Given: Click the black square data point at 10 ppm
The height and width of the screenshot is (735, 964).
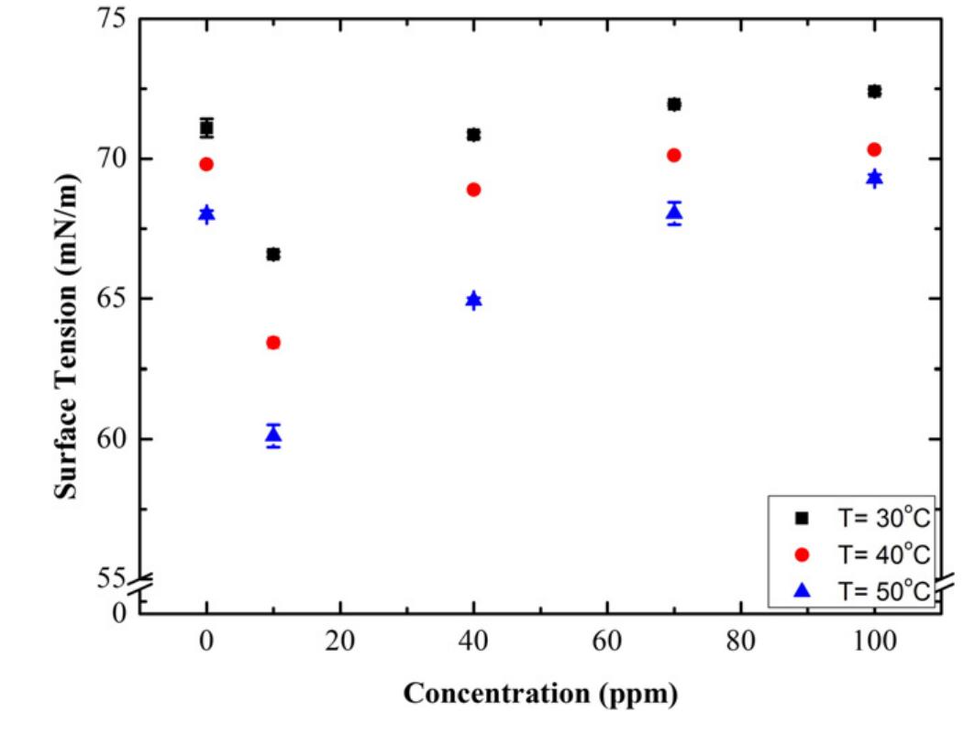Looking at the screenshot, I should [x=273, y=254].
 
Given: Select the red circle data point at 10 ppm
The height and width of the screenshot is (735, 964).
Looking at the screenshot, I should [x=273, y=343].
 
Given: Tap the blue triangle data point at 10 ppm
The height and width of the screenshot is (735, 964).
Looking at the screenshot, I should [x=273, y=435].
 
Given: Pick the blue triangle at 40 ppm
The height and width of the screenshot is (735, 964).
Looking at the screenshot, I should [x=473, y=301].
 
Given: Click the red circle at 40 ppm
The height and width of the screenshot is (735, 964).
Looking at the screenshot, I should [x=473, y=190].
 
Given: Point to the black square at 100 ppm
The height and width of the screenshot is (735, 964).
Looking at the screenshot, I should [x=874, y=91].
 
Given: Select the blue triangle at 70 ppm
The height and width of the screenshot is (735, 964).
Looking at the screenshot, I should [x=674, y=213].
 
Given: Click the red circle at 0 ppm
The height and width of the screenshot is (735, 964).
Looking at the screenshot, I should [x=206, y=164].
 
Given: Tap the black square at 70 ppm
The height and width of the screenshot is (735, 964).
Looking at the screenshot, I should [x=674, y=104].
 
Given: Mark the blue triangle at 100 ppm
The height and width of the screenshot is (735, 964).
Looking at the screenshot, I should [x=874, y=178].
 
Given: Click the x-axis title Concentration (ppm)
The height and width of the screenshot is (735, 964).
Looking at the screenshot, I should [x=540, y=694].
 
